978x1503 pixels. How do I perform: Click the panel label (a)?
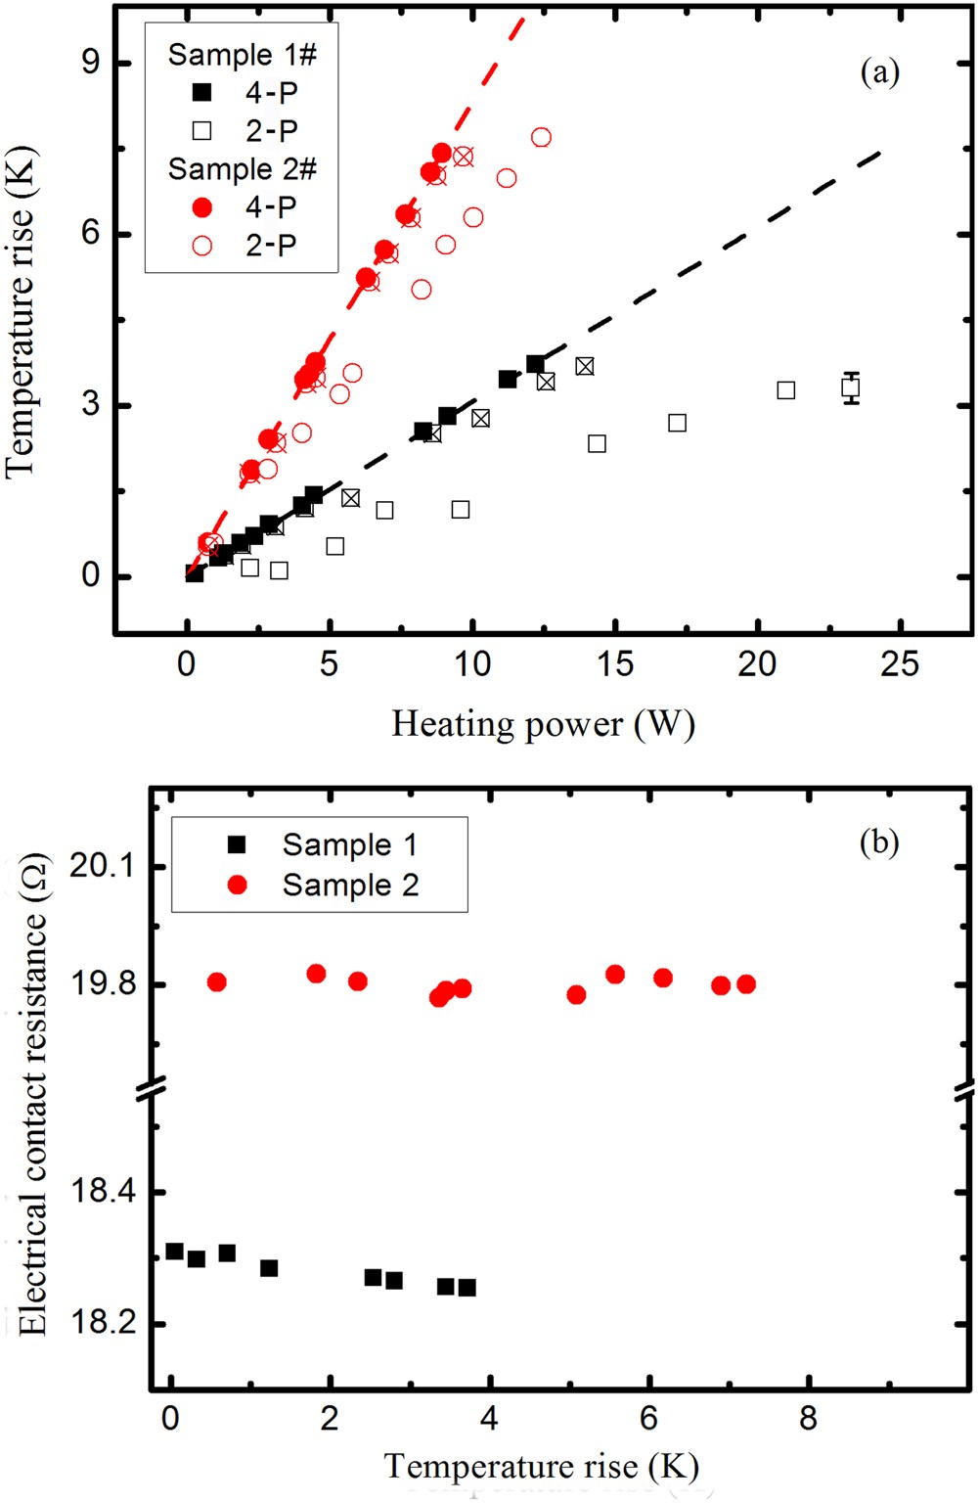(x=879, y=71)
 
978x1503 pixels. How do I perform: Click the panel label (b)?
(x=879, y=843)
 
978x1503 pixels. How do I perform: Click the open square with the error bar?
(x=851, y=387)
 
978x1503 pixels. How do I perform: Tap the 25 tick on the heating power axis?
(x=899, y=664)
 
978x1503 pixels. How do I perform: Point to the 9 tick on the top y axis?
(x=91, y=63)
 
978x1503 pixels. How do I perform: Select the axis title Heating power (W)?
(x=543, y=724)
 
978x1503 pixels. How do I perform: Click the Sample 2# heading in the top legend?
(x=242, y=168)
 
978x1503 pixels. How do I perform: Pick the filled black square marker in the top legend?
(x=202, y=93)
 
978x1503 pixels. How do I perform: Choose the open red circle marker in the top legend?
(x=202, y=246)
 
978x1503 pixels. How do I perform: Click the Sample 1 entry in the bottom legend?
(x=349, y=844)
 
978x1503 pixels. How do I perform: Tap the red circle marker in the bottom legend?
(x=237, y=885)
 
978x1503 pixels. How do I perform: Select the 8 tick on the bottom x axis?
(x=808, y=1418)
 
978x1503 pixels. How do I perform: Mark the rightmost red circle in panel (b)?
(x=746, y=984)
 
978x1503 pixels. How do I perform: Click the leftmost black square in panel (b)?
(x=174, y=1252)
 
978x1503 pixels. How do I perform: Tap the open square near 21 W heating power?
(x=785, y=390)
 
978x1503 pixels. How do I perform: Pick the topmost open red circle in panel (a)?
(x=541, y=137)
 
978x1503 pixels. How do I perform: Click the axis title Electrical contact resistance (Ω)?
(x=32, y=1096)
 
